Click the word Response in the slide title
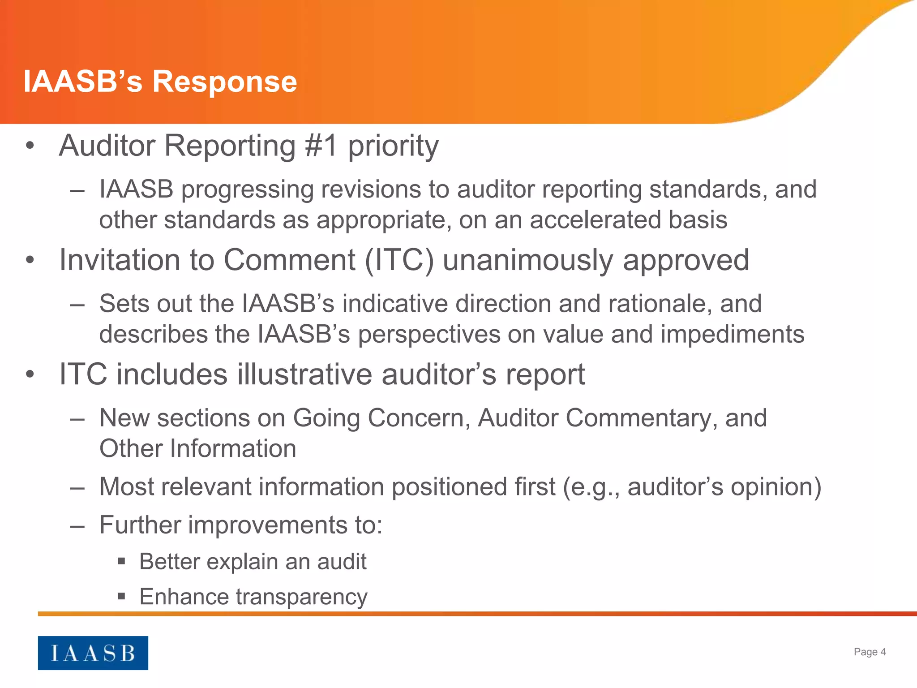(224, 82)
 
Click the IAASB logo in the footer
(93, 653)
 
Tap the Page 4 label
(869, 652)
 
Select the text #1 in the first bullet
(321, 146)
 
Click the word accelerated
(595, 220)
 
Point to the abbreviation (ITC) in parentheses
(399, 260)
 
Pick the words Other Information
(197, 449)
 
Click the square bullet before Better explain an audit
(121, 561)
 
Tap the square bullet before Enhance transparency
(121, 596)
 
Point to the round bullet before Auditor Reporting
(30, 146)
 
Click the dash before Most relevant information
(77, 487)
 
